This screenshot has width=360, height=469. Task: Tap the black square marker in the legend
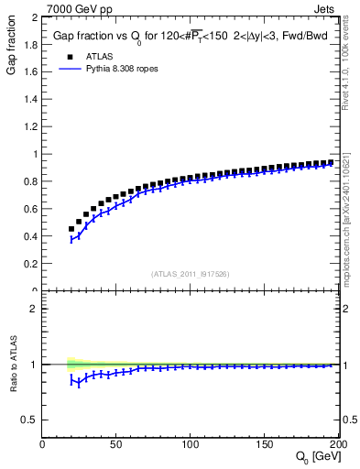[61, 55]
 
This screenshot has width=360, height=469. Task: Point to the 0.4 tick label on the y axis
[31, 236]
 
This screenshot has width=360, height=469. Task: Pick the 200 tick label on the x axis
[337, 445]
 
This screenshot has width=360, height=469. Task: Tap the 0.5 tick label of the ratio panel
[31, 420]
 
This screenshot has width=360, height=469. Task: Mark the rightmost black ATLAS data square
[330, 162]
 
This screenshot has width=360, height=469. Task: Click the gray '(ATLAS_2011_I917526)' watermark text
[191, 274]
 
